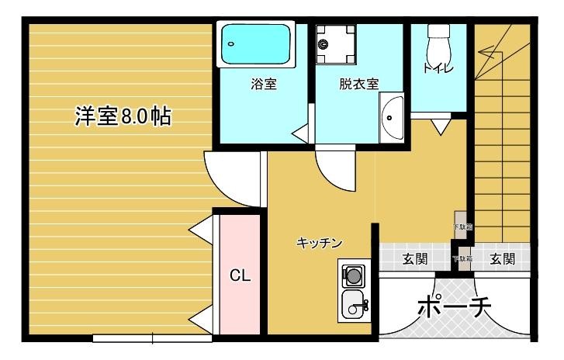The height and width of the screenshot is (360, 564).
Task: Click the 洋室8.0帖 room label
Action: pos(123,116)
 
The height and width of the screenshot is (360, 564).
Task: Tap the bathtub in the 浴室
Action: pos(257,45)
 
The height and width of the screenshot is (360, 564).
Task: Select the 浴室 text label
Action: pos(264,84)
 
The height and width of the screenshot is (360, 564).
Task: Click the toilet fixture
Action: pos(439,35)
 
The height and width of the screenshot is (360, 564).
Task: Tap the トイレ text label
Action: pos(438,68)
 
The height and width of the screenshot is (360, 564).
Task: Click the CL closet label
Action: pos(240,276)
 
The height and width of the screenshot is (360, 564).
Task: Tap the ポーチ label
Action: pos(455,308)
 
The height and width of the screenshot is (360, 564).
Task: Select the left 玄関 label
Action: pos(415,259)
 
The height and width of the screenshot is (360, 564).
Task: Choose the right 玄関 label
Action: pos(502,259)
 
